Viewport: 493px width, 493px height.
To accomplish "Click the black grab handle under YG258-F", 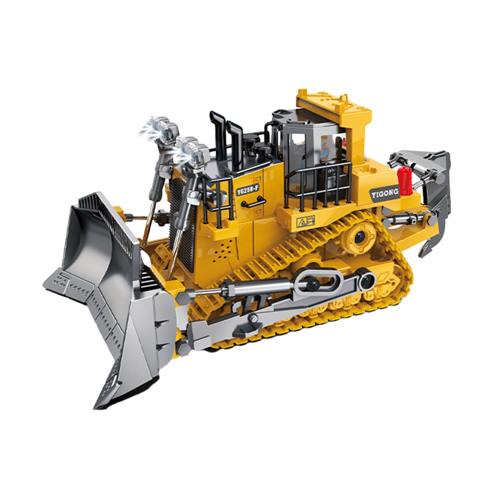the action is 254,203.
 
